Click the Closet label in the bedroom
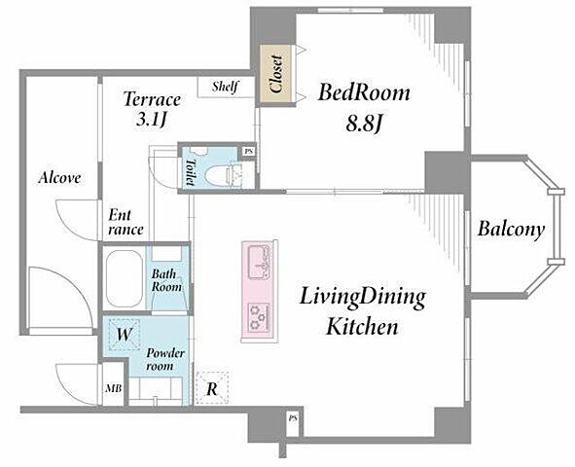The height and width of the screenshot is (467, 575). [x=275, y=74]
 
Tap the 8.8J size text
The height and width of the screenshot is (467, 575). [x=364, y=125]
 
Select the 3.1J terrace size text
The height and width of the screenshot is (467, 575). [x=152, y=120]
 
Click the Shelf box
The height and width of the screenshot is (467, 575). [x=226, y=87]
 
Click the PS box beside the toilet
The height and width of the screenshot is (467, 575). [x=249, y=151]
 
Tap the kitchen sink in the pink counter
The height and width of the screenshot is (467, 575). [x=260, y=262]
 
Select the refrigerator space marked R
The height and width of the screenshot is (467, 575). [x=212, y=388]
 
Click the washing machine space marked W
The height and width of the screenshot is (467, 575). [x=125, y=334]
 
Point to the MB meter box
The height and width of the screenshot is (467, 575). [x=113, y=388]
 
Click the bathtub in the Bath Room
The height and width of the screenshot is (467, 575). [x=124, y=278]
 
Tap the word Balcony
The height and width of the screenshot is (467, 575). [x=511, y=230]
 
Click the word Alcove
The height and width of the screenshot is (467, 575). [x=59, y=178]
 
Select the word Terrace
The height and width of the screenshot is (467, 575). [x=152, y=99]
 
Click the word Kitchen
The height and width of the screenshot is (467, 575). [x=362, y=327]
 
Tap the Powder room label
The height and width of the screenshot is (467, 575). [x=165, y=360]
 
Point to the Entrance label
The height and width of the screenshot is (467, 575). [x=126, y=223]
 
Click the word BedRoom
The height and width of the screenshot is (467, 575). [x=364, y=92]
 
